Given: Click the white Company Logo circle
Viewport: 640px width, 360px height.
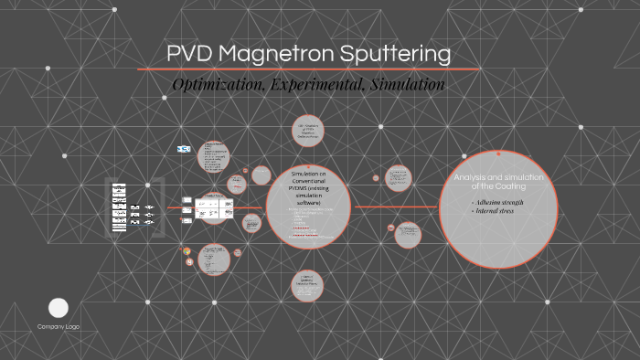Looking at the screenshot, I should click(59, 308).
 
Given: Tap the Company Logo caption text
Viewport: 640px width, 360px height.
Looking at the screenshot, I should click(59, 326).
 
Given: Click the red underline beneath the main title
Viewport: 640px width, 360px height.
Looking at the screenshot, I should click(308, 69).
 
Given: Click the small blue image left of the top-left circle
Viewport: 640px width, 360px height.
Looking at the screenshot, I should click(183, 148).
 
